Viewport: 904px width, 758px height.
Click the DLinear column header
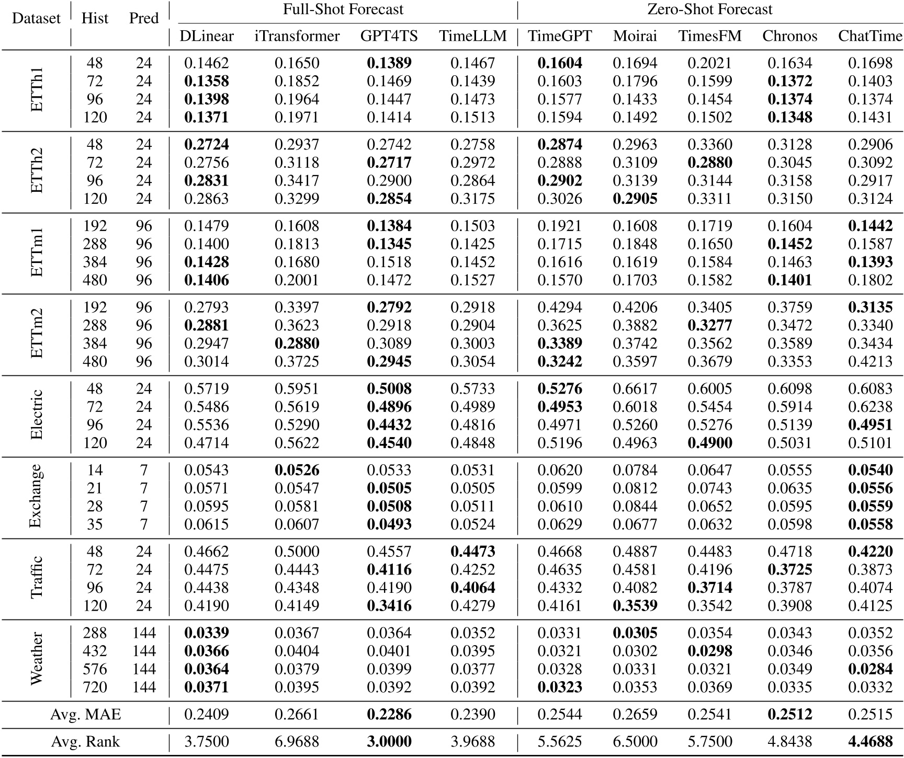(206, 36)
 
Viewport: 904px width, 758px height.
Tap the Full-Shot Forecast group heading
(343, 9)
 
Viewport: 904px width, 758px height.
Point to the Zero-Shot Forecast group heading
(709, 9)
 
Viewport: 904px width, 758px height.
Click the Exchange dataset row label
(36, 497)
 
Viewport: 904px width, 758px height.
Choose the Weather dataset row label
(36, 660)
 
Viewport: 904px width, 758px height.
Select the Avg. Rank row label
(85, 742)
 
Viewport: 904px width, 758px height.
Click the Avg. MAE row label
(85, 714)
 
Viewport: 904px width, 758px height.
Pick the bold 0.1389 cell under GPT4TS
(389, 63)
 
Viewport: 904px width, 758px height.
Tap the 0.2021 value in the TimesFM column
(709, 63)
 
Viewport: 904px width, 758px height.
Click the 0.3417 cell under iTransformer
(297, 181)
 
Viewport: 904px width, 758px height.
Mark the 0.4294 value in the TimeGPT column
(559, 307)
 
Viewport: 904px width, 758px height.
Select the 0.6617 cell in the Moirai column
(635, 389)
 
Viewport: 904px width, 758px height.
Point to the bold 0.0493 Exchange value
(389, 524)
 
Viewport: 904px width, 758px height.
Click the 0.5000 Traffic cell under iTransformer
(297, 552)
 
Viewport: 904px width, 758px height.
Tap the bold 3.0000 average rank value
(389, 742)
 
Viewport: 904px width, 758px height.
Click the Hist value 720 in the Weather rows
(95, 687)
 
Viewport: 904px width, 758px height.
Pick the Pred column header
(144, 18)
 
